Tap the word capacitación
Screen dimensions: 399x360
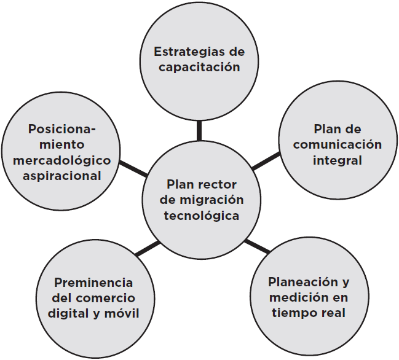coord(199,67)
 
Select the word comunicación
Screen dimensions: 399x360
coord(338,145)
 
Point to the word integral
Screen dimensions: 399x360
coord(337,161)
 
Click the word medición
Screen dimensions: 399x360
coord(294,298)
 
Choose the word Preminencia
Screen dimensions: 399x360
coord(93,283)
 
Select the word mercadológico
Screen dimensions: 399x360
coord(61,160)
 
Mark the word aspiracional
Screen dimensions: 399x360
coord(60,176)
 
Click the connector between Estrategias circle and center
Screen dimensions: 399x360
coord(199,131)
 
